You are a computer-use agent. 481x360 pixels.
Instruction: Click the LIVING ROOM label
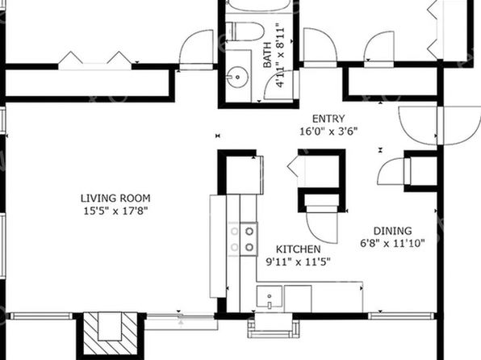pyautogui.click(x=115, y=199)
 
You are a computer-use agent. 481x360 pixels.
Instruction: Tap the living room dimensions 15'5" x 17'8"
pyautogui.click(x=116, y=211)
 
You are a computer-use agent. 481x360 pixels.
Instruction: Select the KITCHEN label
pyautogui.click(x=298, y=249)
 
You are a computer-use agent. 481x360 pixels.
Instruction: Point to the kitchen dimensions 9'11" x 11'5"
pyautogui.click(x=298, y=262)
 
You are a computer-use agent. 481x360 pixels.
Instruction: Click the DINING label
pyautogui.click(x=393, y=231)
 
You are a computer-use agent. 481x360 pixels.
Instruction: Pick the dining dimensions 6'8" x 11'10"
pyautogui.click(x=393, y=244)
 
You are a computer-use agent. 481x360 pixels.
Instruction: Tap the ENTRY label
pyautogui.click(x=328, y=119)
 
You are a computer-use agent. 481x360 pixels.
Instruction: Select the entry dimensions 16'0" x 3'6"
pyautogui.click(x=328, y=132)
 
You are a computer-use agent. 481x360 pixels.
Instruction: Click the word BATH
pyautogui.click(x=267, y=55)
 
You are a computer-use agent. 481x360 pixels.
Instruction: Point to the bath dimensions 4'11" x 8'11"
pyautogui.click(x=280, y=55)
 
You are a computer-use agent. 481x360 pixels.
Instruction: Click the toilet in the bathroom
pyautogui.click(x=245, y=31)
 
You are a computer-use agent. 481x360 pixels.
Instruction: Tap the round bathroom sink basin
pyautogui.click(x=237, y=77)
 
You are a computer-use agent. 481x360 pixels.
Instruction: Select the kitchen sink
pyautogui.click(x=269, y=297)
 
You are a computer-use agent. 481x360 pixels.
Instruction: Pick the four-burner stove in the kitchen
pyautogui.click(x=242, y=239)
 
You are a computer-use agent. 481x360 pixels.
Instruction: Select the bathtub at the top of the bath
pyautogui.click(x=258, y=5)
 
